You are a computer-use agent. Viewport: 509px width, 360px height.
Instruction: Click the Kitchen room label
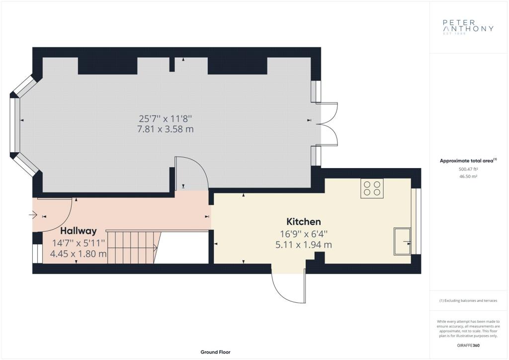[304, 222]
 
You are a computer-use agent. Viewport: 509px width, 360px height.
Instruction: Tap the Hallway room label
[79, 231]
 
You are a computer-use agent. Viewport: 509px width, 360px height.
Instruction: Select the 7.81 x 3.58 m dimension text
[166, 129]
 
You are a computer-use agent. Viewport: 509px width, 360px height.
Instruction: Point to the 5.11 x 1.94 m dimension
[304, 245]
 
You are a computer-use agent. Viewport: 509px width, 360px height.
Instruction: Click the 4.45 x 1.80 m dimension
[79, 254]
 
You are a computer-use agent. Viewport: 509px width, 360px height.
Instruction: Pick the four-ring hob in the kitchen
[372, 188]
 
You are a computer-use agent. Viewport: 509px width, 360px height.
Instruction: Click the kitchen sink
[402, 241]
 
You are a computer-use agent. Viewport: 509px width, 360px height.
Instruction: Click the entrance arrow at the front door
[33, 215]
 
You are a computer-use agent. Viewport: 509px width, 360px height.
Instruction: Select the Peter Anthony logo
[468, 27]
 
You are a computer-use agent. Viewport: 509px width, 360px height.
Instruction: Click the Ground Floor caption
[216, 352]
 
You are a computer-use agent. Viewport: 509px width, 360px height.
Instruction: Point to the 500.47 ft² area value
[468, 169]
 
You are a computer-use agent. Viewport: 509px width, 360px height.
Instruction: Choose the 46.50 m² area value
[468, 176]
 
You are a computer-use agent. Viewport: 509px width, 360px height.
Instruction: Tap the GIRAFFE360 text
[468, 346]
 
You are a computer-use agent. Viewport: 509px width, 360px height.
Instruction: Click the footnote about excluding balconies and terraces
[468, 301]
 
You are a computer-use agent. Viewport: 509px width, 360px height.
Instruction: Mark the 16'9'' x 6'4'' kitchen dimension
[304, 234]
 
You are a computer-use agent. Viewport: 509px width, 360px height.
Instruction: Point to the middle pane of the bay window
[15, 125]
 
